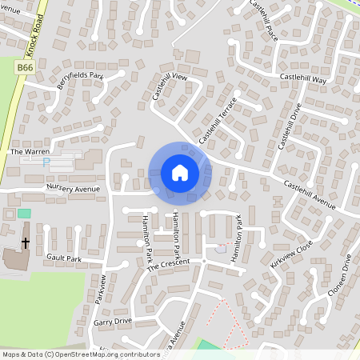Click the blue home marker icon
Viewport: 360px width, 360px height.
pos(180,172)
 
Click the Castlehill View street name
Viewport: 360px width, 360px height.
pos(169,86)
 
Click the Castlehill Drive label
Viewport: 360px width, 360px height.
pos(288,126)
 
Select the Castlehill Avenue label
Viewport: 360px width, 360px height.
pos(309,193)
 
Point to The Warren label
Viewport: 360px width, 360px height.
pos(30,150)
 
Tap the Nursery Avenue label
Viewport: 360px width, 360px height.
pos(73,188)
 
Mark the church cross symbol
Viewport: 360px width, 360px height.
pos(25,242)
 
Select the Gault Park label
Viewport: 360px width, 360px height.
pos(64,258)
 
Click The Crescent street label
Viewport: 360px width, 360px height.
pos(169,265)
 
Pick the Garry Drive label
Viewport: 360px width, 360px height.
pos(112,321)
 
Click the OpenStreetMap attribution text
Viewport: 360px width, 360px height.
pos(81,354)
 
